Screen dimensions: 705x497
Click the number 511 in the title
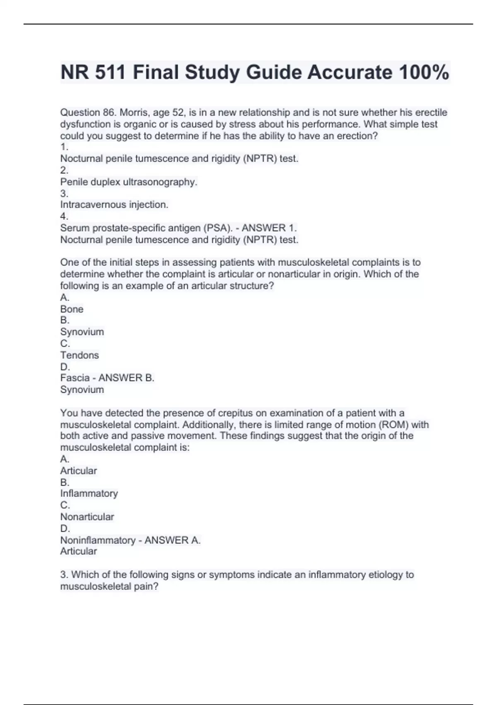110,73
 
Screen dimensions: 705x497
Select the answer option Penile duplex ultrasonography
129,182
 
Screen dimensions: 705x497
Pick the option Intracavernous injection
114,204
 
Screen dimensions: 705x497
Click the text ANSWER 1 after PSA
269,228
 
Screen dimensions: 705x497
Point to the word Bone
72,309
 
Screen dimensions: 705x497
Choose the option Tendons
80,355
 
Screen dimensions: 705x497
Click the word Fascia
75,378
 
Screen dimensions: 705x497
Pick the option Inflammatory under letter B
89,494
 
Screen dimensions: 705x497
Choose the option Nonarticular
87,517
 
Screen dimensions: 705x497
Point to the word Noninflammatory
98,540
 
